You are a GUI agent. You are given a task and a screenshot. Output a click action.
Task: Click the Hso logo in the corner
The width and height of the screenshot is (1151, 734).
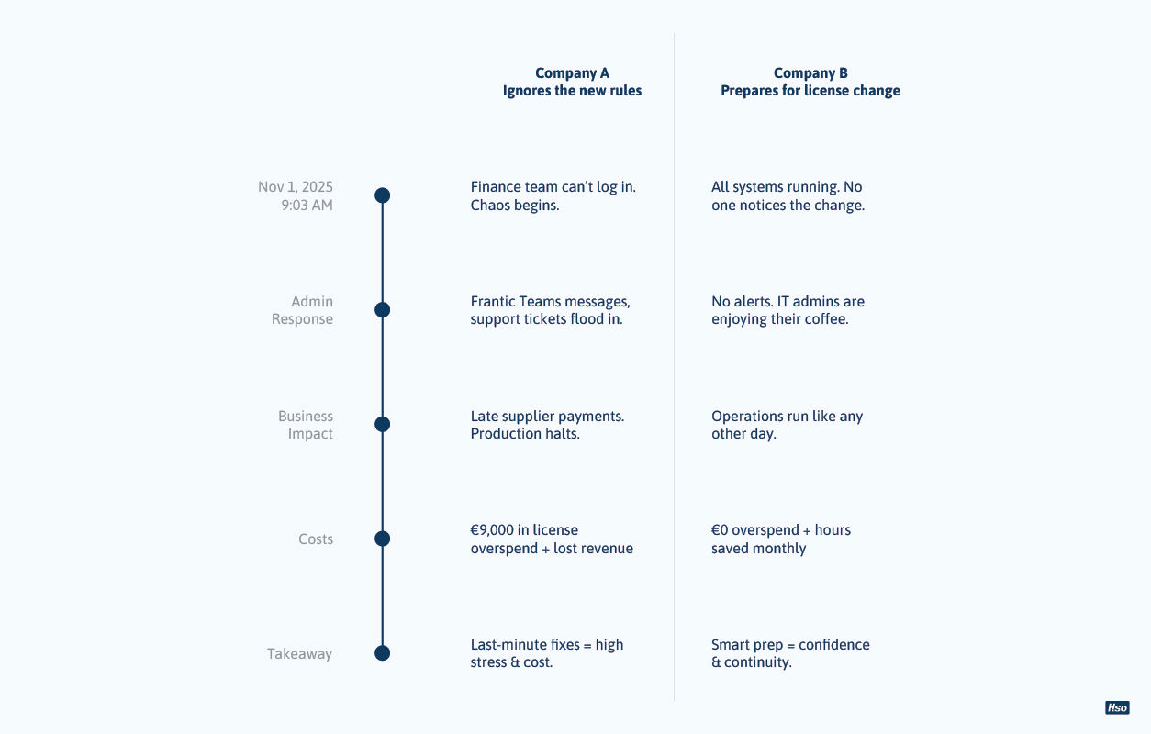pos(1117,707)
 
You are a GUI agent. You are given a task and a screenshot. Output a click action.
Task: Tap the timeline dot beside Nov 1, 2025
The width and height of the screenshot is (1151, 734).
pos(383,195)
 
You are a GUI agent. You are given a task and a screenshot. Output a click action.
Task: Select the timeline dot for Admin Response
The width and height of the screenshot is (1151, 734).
pos(383,310)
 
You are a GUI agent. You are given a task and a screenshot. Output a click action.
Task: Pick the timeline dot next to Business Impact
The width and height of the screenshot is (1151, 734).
pos(383,424)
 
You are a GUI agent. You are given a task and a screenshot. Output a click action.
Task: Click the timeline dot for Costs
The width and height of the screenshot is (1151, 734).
pos(383,539)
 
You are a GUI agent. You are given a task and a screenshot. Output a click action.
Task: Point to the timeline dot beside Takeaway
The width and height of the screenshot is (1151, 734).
pos(383,653)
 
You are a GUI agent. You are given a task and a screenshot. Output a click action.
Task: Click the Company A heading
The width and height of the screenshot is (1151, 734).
pos(572,72)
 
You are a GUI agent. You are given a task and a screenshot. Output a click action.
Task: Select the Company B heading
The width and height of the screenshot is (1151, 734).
pos(810,72)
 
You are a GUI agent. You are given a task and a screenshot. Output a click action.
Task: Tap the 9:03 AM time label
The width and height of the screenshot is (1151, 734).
pos(307,205)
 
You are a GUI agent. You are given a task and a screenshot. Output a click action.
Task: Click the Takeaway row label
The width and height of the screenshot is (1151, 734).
pos(299,653)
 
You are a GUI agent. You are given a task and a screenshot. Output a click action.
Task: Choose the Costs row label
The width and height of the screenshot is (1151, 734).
pos(316,539)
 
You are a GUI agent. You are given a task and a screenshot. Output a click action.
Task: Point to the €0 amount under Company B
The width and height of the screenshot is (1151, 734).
pos(720,530)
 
